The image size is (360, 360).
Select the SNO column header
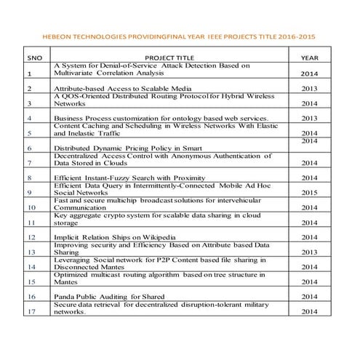tap(34, 56)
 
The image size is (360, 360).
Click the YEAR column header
tap(310, 56)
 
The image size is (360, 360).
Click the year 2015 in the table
tap(310, 193)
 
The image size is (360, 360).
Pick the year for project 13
tap(310, 252)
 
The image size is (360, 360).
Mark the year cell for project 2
tap(310, 89)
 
